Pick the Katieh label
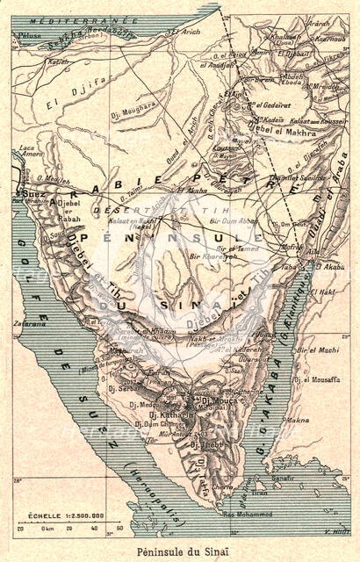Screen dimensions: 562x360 click(x=58, y=62)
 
